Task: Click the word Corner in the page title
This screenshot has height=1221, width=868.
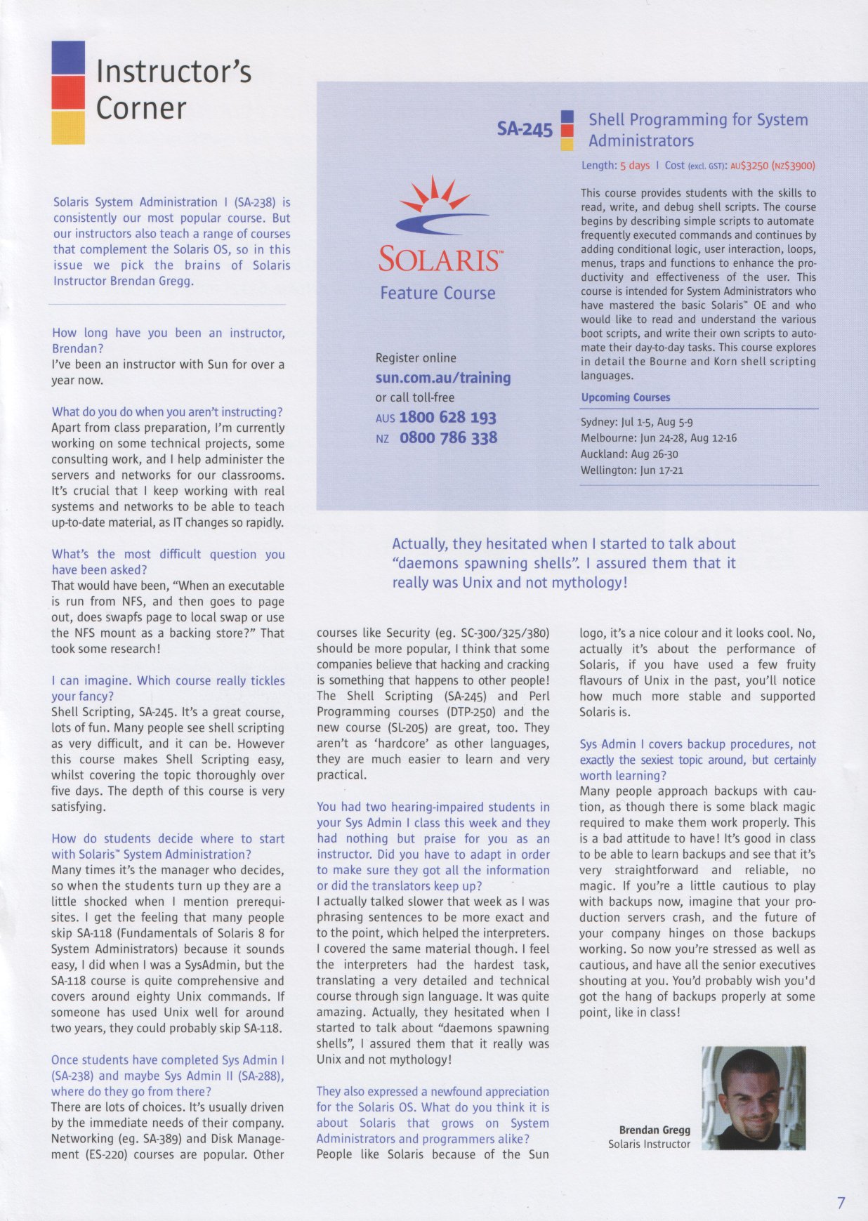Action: (141, 108)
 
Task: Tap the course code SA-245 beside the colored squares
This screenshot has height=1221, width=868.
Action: (525, 129)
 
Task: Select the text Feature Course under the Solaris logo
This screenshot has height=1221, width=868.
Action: (438, 293)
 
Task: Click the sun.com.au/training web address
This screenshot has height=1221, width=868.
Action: (443, 378)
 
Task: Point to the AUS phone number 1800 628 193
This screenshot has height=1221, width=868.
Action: (447, 418)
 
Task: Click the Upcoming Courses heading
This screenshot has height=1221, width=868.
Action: (625, 397)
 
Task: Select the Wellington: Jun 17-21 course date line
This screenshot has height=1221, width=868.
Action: (631, 470)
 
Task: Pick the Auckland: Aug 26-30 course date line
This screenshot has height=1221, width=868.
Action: (629, 454)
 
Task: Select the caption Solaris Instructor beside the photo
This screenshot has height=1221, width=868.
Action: (649, 1144)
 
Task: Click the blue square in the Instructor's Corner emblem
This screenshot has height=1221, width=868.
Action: (68, 58)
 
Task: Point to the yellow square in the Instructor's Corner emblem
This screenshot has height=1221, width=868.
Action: (68, 128)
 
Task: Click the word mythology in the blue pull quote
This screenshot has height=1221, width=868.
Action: (586, 583)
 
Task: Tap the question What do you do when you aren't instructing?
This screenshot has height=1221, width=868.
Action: (167, 412)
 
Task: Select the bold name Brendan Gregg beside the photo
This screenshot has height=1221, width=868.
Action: (655, 1130)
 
